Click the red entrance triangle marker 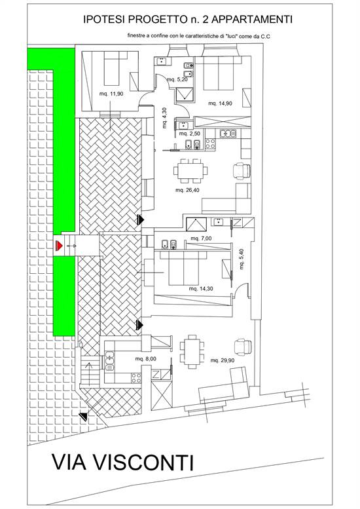59,246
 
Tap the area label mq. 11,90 111,94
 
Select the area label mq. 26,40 187,190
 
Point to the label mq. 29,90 223,360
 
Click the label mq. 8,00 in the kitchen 145,359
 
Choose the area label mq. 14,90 220,104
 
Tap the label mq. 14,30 201,289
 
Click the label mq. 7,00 201,238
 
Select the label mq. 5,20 177,79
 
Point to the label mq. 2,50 190,134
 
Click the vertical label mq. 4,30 164,118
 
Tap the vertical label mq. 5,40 242,259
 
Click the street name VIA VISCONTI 122,462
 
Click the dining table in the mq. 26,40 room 190,171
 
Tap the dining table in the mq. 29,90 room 192,352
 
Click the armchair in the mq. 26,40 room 242,171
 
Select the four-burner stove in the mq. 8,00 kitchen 136,377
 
